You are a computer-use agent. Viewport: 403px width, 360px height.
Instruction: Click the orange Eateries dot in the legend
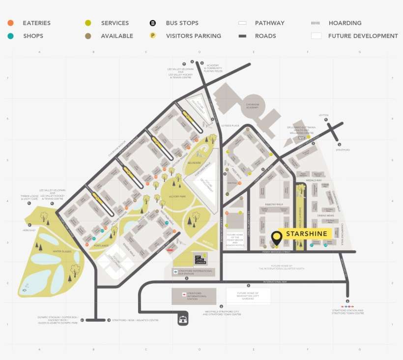click(10, 23)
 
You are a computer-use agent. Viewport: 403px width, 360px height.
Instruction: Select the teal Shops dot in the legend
click(10, 36)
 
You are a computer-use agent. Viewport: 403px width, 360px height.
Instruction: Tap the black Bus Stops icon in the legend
click(153, 23)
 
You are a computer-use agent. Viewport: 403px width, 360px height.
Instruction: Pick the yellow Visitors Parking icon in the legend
click(153, 36)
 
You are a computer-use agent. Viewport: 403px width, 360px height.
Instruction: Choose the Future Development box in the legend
click(316, 36)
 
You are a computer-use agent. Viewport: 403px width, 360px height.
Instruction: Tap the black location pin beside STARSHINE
click(277, 238)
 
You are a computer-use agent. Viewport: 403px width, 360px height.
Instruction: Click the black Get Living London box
click(199, 259)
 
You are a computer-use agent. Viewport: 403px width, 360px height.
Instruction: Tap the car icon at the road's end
click(183, 320)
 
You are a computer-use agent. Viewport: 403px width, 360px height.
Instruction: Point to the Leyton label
click(323, 115)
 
